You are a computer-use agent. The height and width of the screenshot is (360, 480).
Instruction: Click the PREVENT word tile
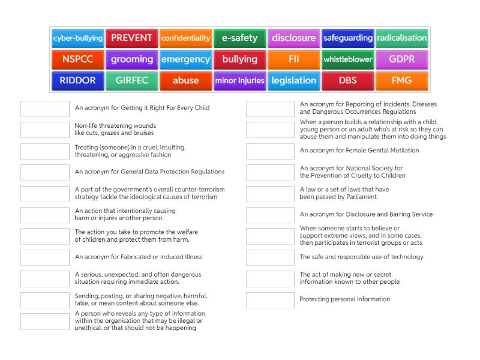[132, 38]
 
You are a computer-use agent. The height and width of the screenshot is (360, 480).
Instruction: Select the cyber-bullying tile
[78, 38]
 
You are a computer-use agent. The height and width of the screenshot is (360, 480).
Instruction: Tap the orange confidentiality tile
[186, 38]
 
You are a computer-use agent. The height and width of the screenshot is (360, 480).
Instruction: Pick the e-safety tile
[240, 38]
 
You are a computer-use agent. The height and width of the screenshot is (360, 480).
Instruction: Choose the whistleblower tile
[348, 59]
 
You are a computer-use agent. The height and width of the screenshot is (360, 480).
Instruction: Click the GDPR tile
[402, 59]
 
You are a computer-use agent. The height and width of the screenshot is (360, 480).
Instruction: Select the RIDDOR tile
[78, 80]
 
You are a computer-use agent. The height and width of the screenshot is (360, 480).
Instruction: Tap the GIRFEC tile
[132, 80]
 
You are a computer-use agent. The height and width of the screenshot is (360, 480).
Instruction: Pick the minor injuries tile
[240, 80]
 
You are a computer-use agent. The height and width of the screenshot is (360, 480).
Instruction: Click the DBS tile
[348, 80]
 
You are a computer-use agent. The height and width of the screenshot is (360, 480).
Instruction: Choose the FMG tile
[402, 80]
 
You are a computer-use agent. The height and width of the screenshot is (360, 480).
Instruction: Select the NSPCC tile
[78, 59]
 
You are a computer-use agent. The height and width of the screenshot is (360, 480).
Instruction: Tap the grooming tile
[132, 59]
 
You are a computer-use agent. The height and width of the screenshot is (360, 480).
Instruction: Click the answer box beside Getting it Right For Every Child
[45, 109]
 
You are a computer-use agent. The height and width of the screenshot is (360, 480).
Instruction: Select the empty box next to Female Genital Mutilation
[270, 151]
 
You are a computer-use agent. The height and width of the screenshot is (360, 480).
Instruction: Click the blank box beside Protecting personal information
[270, 300]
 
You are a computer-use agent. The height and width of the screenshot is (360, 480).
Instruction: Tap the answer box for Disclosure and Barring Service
[270, 215]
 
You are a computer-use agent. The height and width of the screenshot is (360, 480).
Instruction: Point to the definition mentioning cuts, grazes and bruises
[115, 130]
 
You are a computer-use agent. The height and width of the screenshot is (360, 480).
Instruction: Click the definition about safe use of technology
[361, 257]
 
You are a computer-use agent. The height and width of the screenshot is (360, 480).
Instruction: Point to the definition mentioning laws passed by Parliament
[344, 193]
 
